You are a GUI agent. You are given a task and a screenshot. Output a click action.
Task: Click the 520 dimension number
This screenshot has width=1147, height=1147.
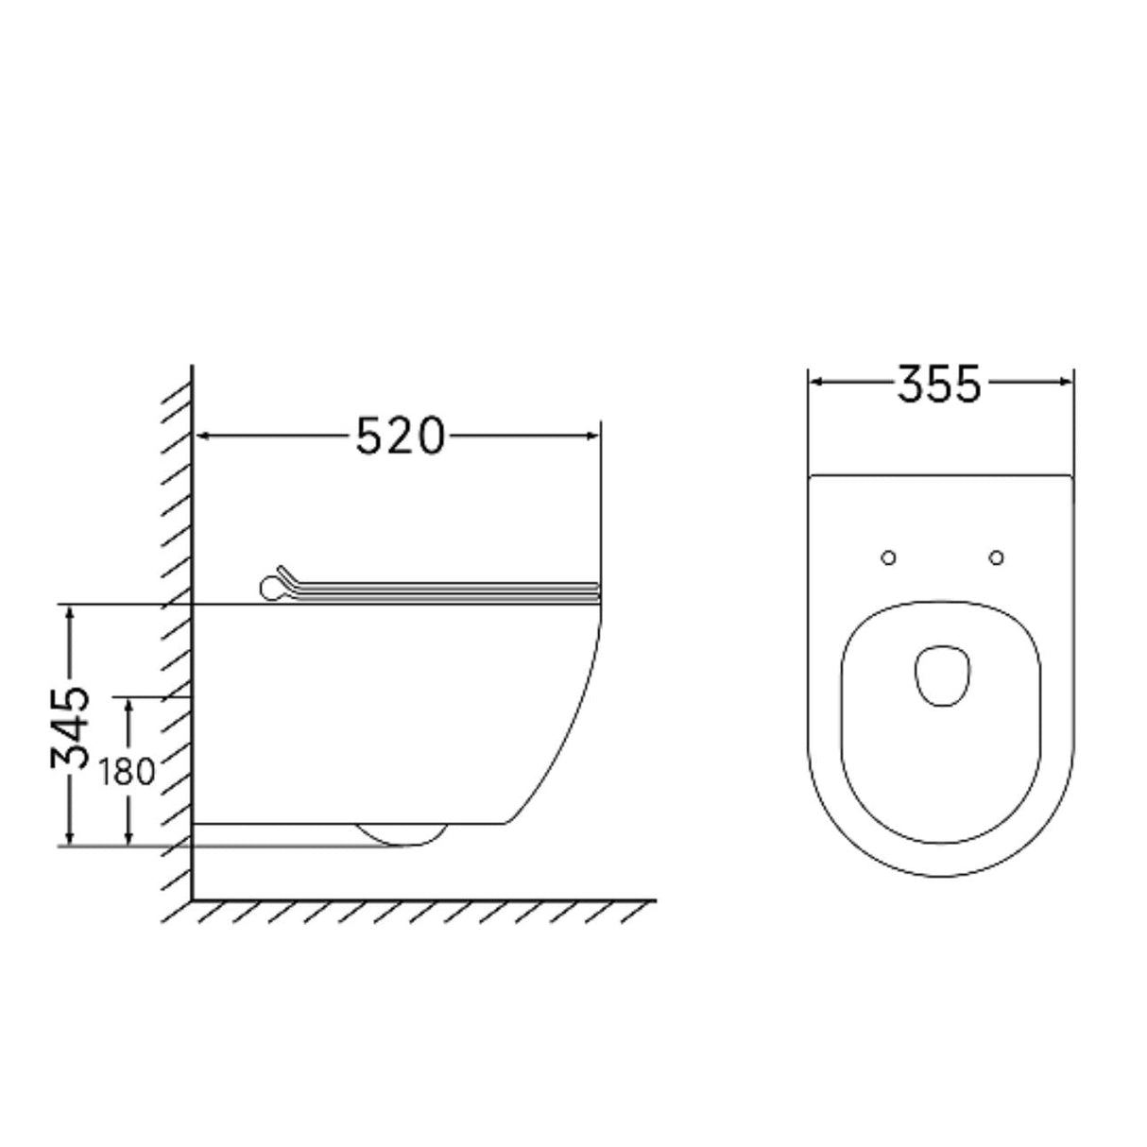400,436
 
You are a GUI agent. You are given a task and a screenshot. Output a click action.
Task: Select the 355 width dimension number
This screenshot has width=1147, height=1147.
939,385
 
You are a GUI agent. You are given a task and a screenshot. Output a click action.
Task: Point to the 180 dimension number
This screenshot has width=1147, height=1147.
126,772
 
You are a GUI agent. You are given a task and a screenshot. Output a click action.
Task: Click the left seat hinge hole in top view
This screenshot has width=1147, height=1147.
887,558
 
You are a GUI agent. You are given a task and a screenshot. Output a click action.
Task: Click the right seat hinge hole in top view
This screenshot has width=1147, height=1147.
996,558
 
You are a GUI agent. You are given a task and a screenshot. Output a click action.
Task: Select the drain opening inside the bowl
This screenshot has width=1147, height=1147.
941,676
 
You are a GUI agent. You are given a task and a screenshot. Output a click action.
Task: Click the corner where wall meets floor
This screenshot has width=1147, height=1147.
193,899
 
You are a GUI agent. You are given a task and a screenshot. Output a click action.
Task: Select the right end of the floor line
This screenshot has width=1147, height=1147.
653,899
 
